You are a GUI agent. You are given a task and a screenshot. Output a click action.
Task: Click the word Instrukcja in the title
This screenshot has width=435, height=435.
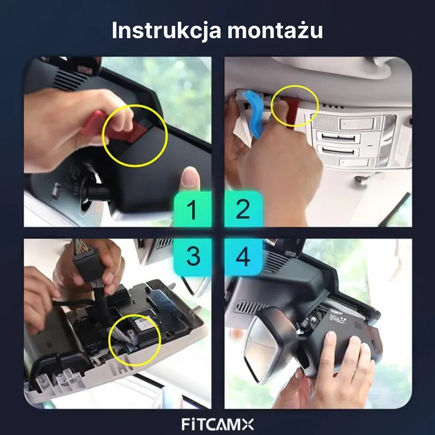point(166,30)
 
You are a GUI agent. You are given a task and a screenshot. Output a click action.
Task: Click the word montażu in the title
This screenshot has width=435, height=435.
point(275,30)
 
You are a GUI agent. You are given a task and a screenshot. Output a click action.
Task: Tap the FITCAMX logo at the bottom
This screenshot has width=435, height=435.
point(217,425)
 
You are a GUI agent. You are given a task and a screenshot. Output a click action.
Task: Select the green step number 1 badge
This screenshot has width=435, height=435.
point(192,209)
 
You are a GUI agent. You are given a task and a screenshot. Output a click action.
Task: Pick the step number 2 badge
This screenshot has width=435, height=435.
point(243,209)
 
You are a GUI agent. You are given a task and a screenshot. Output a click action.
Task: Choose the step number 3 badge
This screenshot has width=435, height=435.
point(192,257)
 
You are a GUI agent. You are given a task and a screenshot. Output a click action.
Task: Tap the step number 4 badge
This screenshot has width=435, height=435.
point(243,257)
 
